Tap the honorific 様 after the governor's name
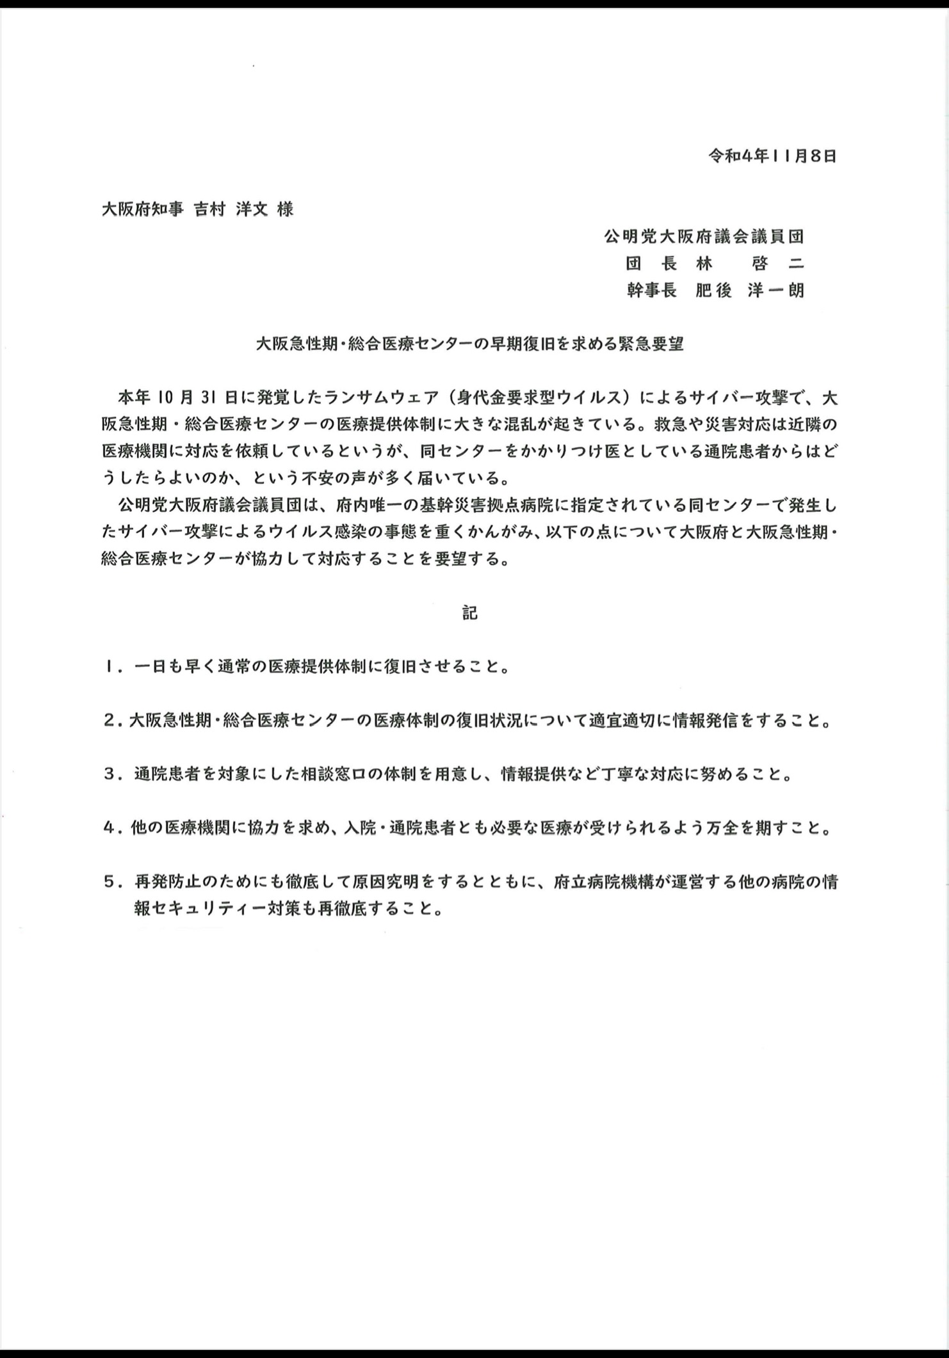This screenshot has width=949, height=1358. point(285,209)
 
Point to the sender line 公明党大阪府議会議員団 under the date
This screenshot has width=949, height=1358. point(703,237)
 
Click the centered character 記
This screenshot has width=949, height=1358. point(469,612)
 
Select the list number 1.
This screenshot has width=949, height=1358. point(111,667)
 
